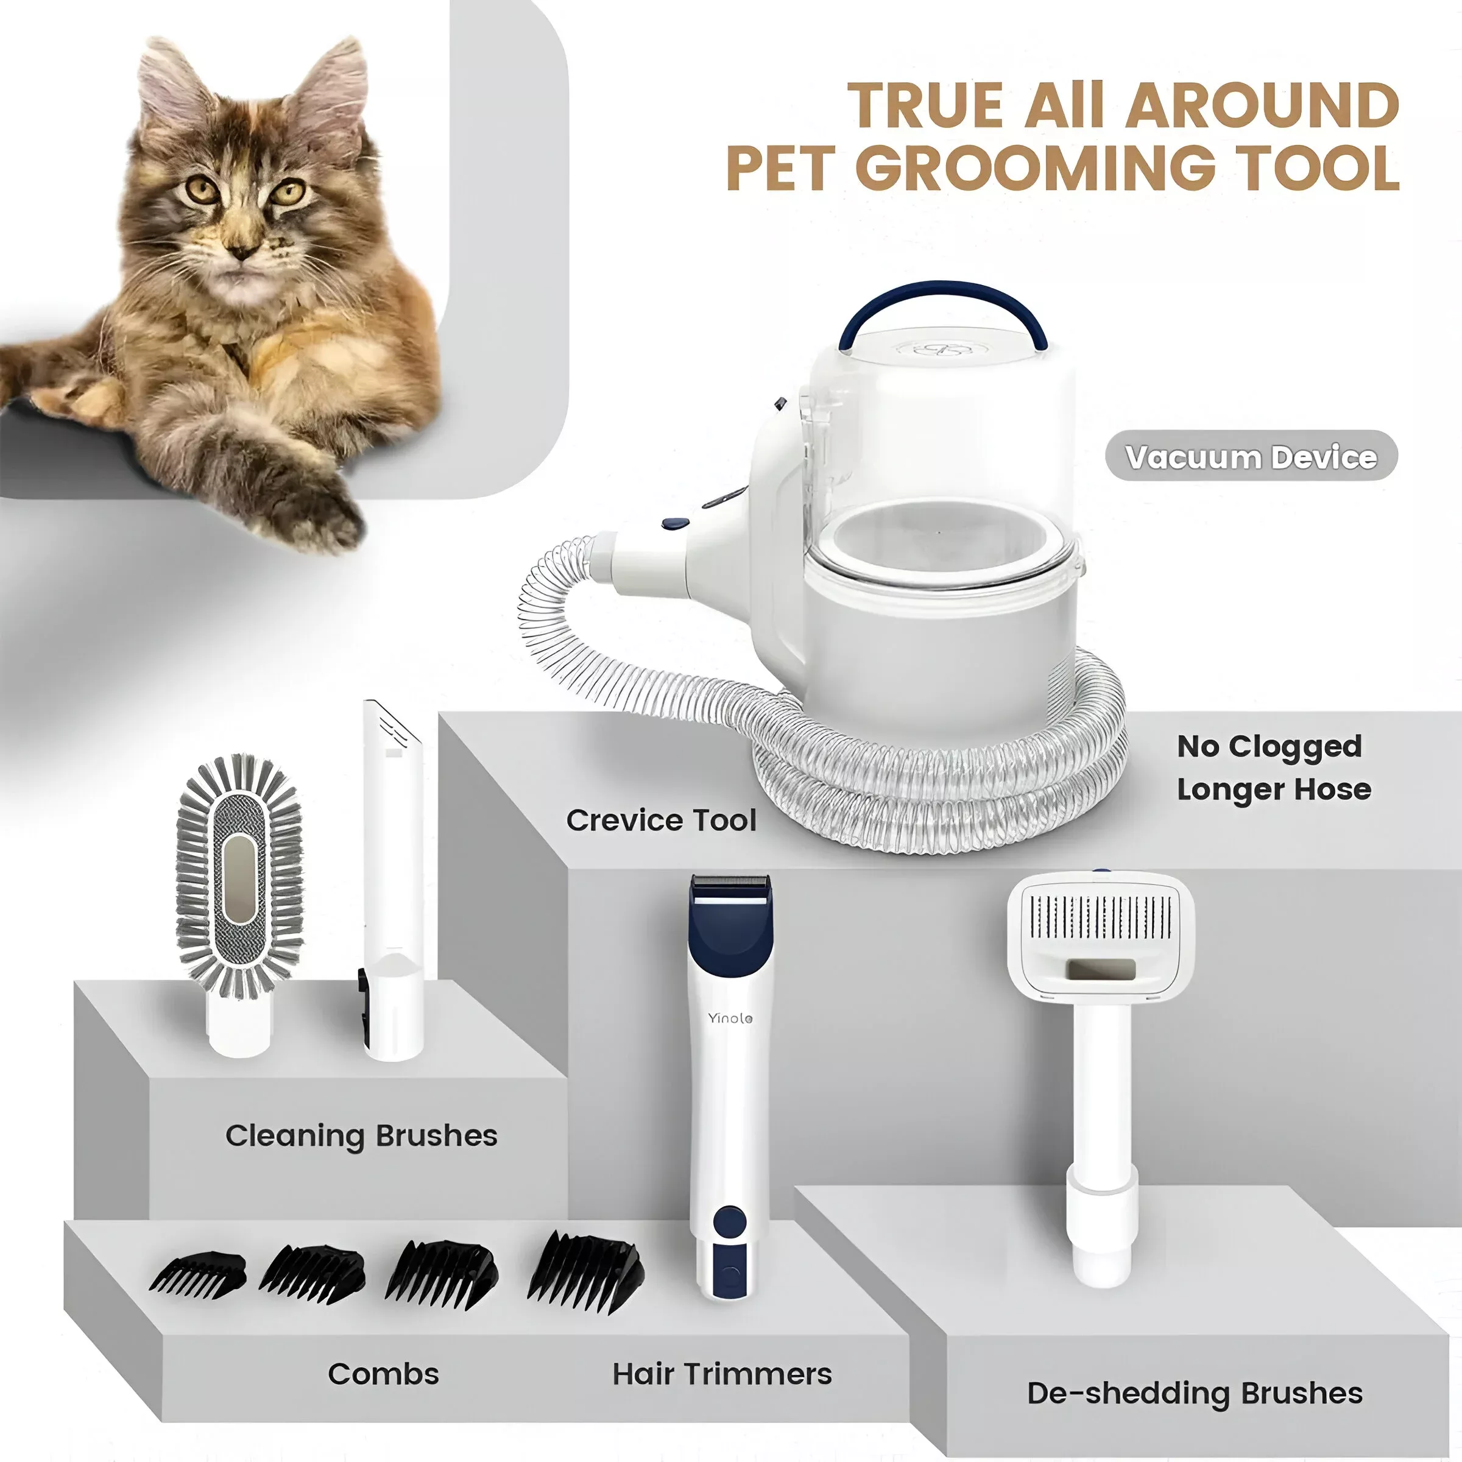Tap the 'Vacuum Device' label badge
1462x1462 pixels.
(x=1251, y=456)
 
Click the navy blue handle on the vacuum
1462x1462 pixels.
(x=943, y=307)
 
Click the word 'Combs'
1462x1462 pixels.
(x=383, y=1374)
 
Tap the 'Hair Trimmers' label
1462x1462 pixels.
(x=722, y=1374)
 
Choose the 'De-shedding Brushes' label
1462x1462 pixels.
(x=1195, y=1393)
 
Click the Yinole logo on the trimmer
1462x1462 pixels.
(x=730, y=1018)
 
